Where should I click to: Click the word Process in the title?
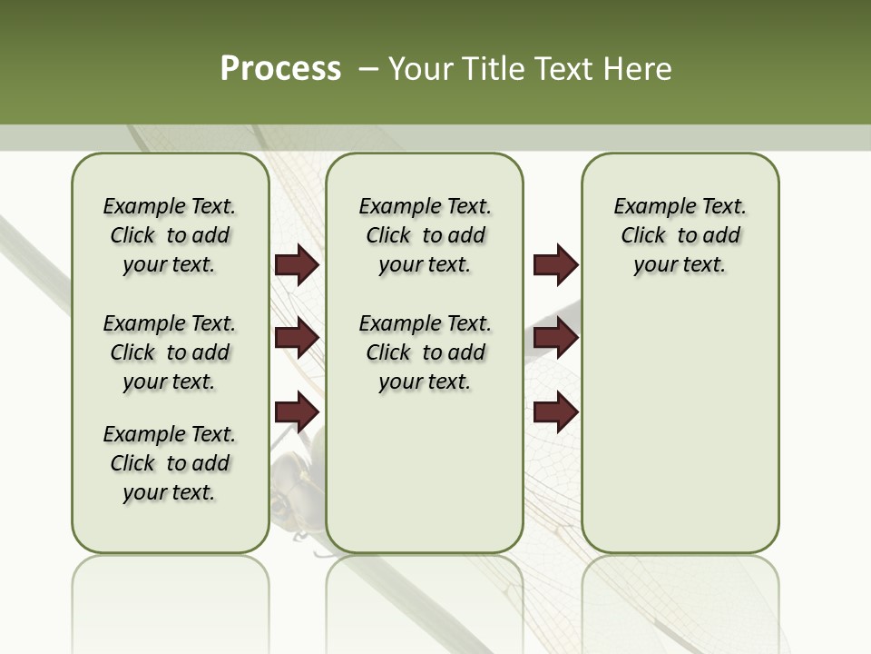(280, 69)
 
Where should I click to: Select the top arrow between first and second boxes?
(297, 265)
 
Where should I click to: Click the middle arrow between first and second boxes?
(297, 338)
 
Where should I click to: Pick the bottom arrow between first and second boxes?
(297, 411)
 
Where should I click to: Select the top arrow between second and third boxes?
(555, 265)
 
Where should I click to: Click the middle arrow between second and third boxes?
(555, 338)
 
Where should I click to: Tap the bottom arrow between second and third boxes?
(555, 411)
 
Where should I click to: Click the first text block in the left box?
(170, 235)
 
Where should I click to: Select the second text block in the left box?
(170, 352)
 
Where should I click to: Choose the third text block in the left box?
(170, 463)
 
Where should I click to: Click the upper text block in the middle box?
(425, 235)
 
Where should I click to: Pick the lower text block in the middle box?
(425, 352)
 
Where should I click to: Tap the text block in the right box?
(680, 235)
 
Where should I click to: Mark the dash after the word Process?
(368, 69)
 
